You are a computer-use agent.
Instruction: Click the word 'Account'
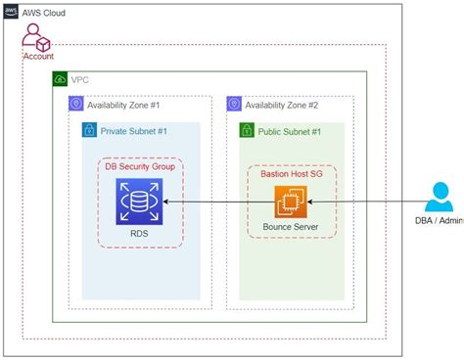point(39,57)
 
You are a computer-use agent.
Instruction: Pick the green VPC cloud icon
point(61,78)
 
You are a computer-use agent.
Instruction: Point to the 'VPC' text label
point(80,78)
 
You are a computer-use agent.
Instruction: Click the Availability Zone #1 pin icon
point(76,104)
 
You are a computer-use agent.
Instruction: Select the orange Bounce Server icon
point(292,202)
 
